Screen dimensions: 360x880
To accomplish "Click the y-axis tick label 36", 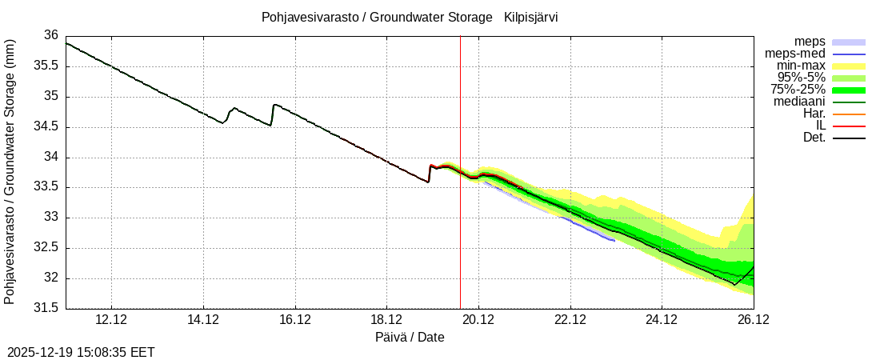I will coord(50,35).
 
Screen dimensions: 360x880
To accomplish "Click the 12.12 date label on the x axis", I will coord(111,320).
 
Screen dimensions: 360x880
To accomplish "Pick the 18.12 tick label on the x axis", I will coord(386,320).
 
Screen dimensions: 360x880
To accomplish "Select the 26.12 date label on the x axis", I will coord(753,320).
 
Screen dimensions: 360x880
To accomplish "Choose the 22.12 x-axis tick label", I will coord(570,320).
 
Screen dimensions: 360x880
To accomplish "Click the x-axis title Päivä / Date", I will coord(410,338).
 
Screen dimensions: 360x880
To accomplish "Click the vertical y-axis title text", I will coord(10,171).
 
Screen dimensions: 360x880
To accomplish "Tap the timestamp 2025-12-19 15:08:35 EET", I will coord(81,352).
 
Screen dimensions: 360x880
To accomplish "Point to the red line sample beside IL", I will coord(849,126).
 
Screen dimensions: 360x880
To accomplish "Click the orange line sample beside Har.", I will coord(849,114).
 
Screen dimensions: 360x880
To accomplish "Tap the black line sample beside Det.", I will coord(849,138).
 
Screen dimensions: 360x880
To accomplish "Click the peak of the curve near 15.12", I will coord(274,104).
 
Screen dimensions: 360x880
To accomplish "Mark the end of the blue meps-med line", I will coord(614,240).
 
